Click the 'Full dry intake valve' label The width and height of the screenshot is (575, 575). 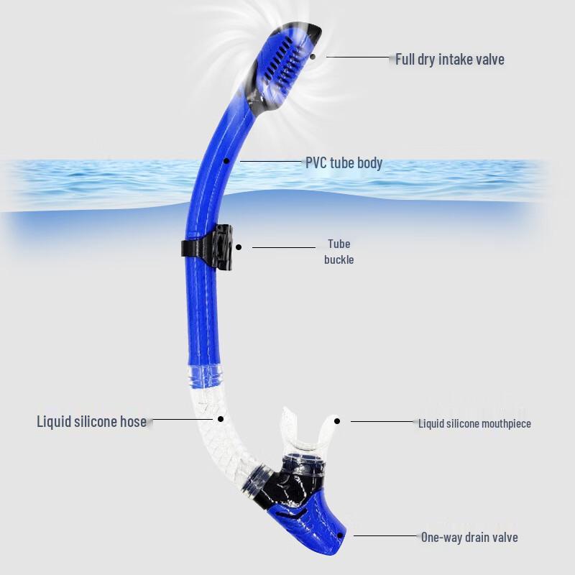(x=450, y=59)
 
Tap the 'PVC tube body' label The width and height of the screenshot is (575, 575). (x=344, y=163)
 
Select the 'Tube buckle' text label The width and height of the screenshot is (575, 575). (x=339, y=252)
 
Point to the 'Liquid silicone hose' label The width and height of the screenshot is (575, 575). (x=91, y=421)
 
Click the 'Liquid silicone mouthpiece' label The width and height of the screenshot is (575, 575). (x=474, y=423)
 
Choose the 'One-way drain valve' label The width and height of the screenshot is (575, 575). (x=469, y=537)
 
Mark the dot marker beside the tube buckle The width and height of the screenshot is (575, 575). (x=239, y=247)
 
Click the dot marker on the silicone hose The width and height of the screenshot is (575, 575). (x=221, y=418)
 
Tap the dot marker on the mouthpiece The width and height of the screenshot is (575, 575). (x=336, y=421)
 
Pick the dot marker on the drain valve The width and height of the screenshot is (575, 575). (x=340, y=535)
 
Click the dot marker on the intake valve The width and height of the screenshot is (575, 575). (x=313, y=55)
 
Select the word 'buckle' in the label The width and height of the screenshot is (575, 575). (x=339, y=259)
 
